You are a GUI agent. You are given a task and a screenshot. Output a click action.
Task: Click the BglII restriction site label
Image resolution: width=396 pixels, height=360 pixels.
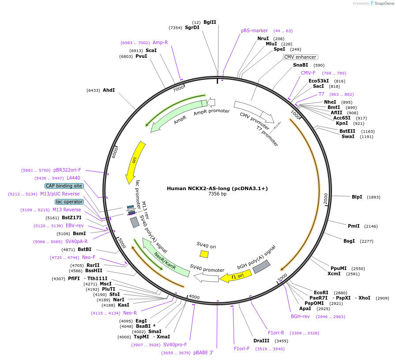[x=210, y=22]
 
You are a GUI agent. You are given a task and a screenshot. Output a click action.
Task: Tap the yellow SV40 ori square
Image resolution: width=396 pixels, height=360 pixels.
[x=204, y=254]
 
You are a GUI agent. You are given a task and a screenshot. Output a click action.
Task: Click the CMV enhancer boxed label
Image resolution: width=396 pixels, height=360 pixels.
[x=300, y=57]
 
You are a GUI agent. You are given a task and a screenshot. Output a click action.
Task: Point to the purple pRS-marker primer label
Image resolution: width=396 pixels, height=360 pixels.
[x=254, y=31]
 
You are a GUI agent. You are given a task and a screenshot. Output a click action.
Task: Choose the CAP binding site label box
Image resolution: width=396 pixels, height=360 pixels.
[x=64, y=186]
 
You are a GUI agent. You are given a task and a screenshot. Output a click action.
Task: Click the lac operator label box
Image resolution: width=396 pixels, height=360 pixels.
[x=69, y=202]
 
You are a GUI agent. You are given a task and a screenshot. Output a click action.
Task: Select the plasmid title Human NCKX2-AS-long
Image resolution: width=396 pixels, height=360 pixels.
[x=217, y=188]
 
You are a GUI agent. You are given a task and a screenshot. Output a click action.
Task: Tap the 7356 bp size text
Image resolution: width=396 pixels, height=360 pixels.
[x=217, y=194]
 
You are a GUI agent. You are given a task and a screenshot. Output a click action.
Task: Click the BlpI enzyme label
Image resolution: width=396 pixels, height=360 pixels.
[x=357, y=197]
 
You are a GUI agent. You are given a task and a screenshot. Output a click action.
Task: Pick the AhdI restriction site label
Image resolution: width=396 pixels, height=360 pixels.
[x=109, y=90]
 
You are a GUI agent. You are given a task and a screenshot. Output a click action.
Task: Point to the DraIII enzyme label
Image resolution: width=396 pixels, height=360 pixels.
[x=261, y=341]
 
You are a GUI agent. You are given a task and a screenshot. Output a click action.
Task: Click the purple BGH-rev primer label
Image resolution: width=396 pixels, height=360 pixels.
[x=300, y=316]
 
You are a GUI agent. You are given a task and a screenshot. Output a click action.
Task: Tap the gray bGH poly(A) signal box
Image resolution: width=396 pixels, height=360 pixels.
[x=262, y=266]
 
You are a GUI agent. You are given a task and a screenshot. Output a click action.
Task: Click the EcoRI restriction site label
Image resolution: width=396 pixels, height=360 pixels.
[x=321, y=292]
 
